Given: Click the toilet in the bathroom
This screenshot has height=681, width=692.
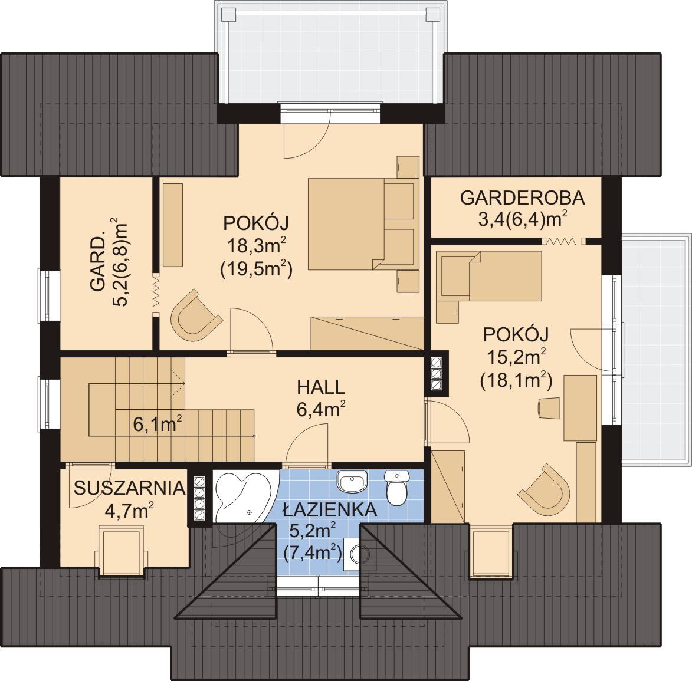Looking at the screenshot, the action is pos(397,487).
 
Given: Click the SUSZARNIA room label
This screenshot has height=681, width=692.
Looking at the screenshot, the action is pos(129,488).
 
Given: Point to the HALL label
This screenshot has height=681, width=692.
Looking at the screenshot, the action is pos(321,387).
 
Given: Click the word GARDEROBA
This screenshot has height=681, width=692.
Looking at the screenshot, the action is pos(523,198).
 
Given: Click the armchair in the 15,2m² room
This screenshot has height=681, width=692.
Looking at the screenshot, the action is pos(544,491).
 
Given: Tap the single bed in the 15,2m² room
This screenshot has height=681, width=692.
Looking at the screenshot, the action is pos(488,276).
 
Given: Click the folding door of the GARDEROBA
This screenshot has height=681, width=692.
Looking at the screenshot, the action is pos(560,241).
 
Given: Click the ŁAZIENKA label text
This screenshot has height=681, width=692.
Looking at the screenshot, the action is pos(330,510).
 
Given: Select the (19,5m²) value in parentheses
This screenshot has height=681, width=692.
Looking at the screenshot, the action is pos(257,269).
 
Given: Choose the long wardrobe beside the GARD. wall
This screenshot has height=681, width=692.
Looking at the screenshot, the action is pos(173,225).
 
